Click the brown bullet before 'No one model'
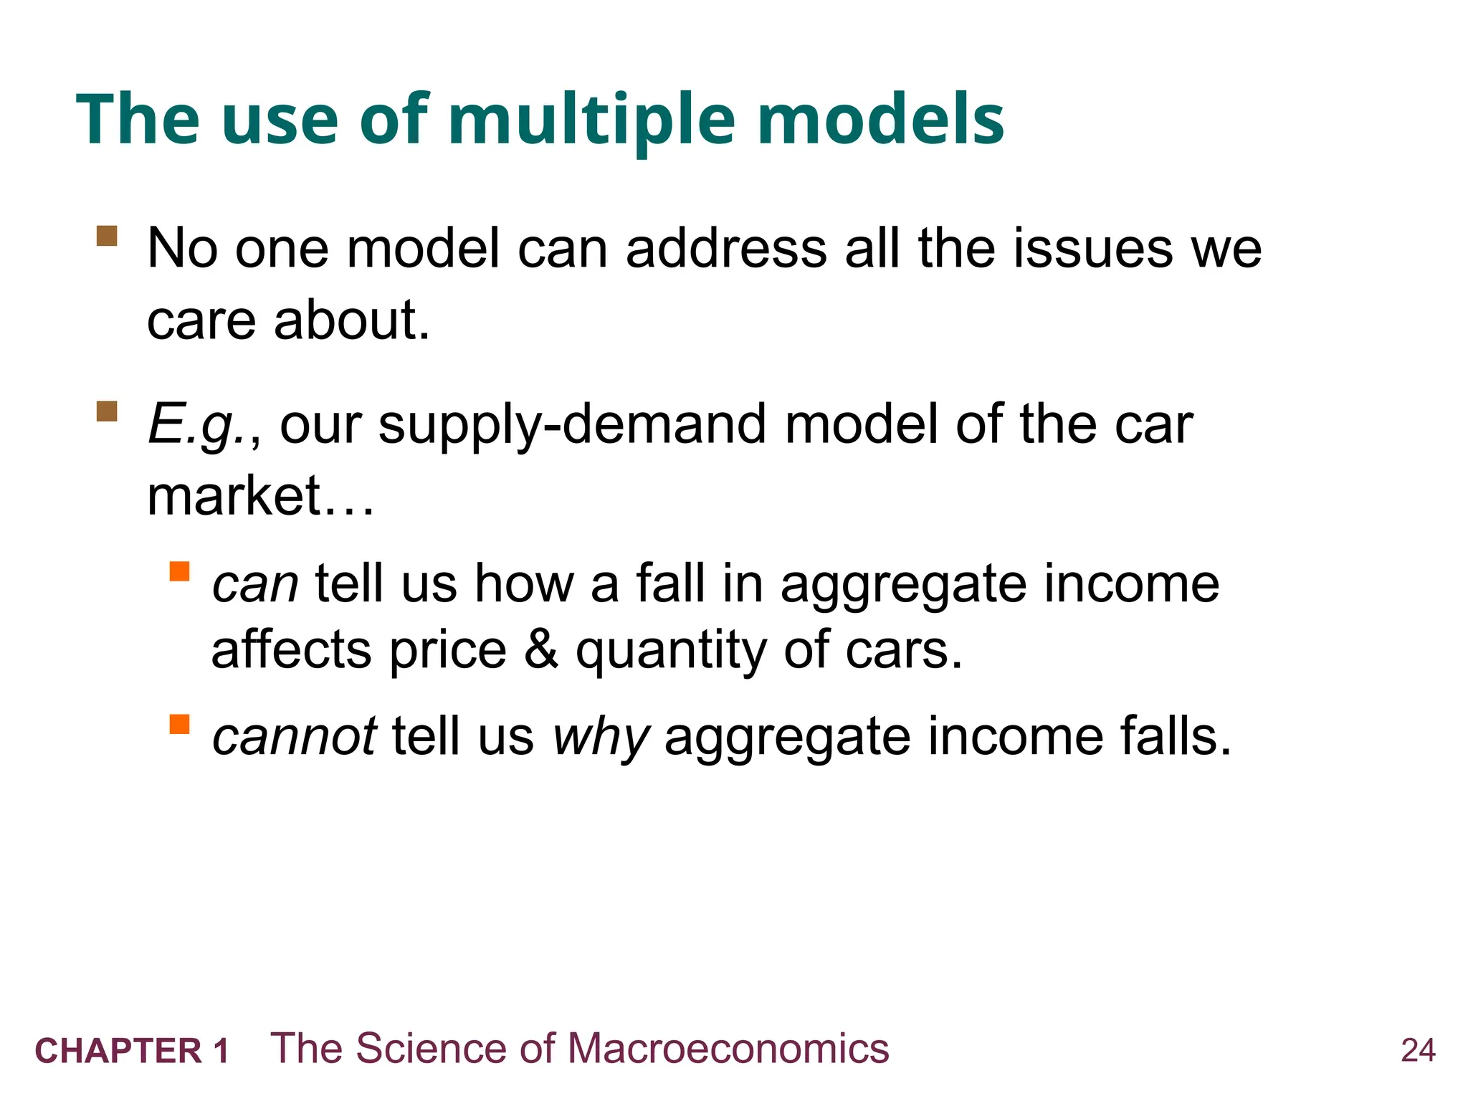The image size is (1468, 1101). [107, 236]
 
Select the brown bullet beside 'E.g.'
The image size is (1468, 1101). [107, 411]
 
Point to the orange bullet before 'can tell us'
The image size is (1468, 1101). [179, 571]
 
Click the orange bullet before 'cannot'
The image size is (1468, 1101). [179, 724]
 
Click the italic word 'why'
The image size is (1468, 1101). [601, 738]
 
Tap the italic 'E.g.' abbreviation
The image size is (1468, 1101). [197, 425]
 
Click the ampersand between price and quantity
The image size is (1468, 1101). [541, 649]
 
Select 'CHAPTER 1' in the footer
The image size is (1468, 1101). [132, 1051]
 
